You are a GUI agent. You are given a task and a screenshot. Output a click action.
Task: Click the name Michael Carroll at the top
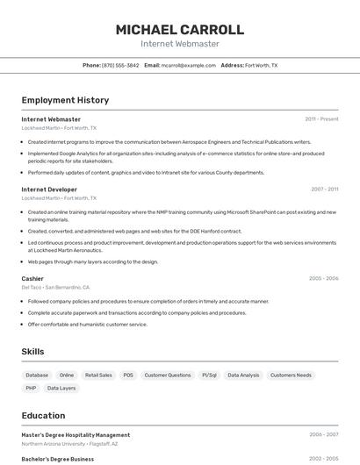pos(179,29)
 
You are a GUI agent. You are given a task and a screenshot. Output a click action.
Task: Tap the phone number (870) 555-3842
pos(120,65)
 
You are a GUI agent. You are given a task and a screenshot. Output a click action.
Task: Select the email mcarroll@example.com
pos(189,65)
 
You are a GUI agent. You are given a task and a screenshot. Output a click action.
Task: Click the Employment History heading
pos(65,100)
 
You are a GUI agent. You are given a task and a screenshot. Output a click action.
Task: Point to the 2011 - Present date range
pos(321,118)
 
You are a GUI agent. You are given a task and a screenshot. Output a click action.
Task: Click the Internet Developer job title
pos(49,189)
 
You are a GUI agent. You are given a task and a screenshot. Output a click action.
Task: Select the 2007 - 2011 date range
pos(324,189)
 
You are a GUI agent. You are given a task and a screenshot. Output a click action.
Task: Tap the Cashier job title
pos(32,278)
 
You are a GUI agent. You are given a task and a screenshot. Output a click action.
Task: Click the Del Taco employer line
pos(54,287)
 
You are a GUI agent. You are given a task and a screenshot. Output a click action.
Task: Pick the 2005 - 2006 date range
pos(323,278)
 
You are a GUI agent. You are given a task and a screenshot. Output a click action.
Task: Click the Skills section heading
pos(33,351)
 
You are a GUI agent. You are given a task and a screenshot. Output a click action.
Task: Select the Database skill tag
pos(37,375)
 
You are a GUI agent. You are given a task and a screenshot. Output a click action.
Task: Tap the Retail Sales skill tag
pos(98,375)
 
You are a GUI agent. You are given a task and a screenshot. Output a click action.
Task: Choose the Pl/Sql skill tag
pos(209,375)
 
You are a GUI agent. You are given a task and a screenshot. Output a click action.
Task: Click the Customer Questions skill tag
pos(168,375)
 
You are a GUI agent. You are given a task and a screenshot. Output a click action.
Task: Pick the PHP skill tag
pos(31,388)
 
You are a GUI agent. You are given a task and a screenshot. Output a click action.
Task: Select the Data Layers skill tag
pos(61,388)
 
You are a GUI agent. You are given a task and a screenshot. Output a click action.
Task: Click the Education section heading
pos(43,415)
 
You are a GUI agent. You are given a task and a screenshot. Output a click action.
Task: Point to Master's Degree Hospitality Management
pos(76,434)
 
